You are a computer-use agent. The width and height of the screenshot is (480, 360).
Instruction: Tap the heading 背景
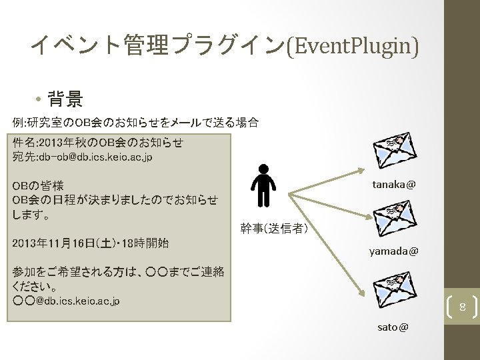(65, 100)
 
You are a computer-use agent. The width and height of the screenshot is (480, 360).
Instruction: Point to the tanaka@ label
(394, 183)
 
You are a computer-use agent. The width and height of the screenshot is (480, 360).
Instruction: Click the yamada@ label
(394, 251)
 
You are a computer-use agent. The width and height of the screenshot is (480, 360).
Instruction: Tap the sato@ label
(393, 327)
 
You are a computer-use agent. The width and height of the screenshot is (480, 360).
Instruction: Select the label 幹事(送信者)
(274, 229)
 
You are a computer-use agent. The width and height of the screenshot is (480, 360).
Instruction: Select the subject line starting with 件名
(97, 142)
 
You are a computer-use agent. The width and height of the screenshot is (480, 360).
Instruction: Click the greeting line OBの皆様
(37, 185)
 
